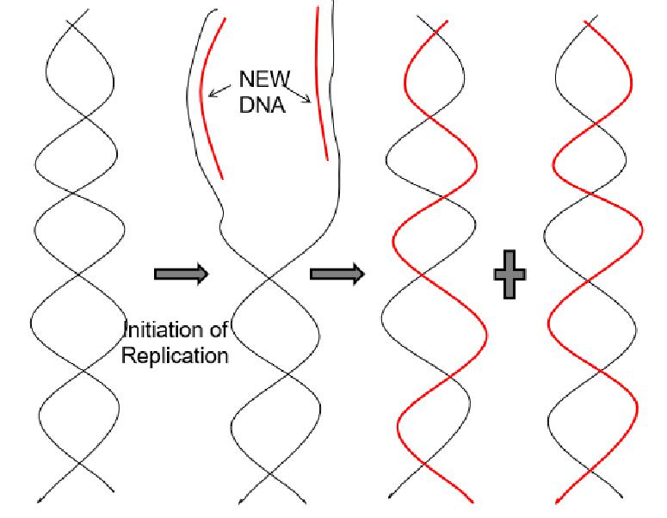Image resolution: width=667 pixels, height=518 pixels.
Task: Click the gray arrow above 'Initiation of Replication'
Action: tap(181, 274)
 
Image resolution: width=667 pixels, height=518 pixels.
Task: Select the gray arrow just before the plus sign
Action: tap(337, 274)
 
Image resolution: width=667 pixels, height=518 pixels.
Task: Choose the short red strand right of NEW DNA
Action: tap(322, 86)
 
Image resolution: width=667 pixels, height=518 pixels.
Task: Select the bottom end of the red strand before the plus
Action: tap(471, 499)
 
